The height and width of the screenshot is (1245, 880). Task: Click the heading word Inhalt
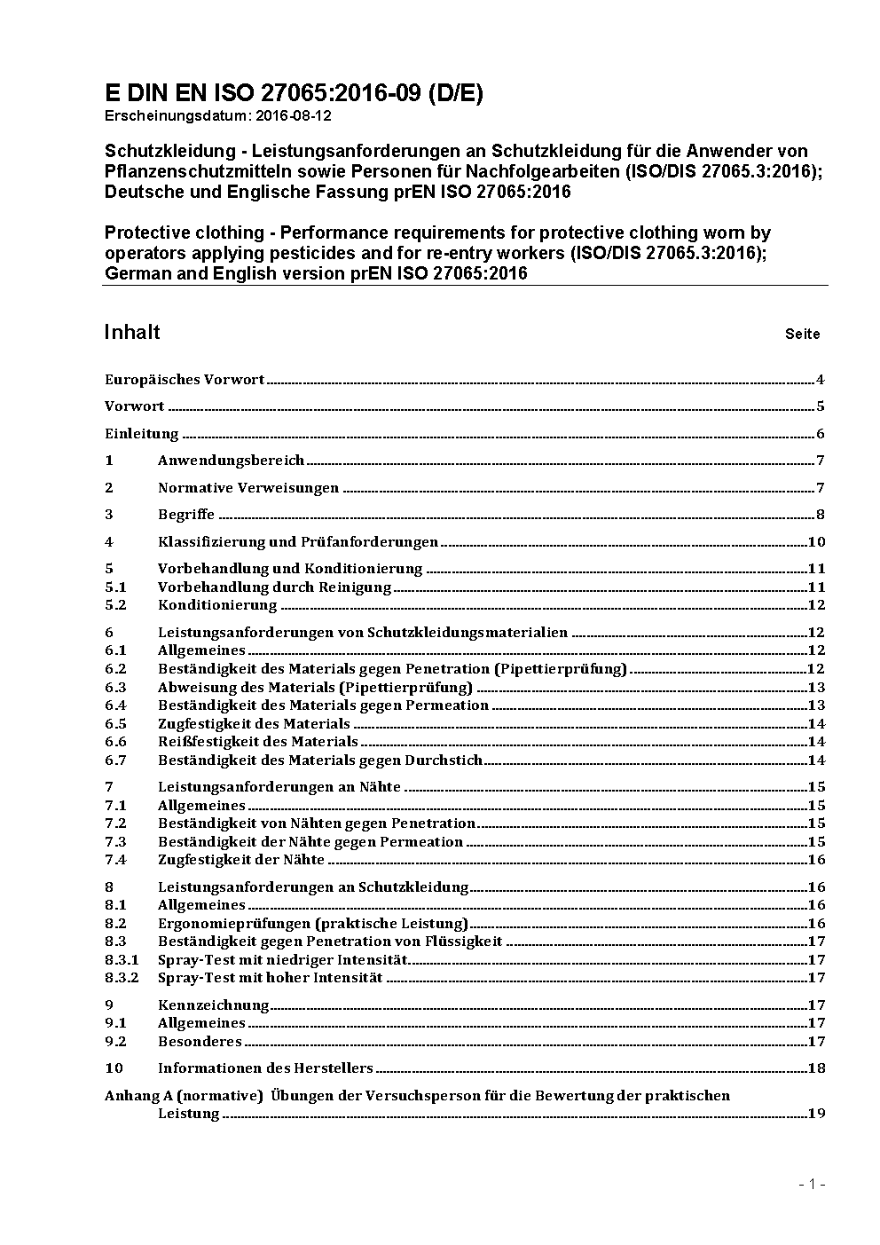[x=132, y=332]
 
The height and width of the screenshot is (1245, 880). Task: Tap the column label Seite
[x=802, y=335]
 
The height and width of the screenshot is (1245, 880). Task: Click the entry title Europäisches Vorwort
[x=185, y=380]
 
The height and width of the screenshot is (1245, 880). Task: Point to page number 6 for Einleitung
[x=821, y=434]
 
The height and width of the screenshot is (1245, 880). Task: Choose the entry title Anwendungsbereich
[x=231, y=461]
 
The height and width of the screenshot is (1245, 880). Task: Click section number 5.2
[x=115, y=605]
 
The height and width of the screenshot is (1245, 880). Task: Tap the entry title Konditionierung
[x=217, y=605]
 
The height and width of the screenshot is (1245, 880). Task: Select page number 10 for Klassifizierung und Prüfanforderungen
[x=816, y=542]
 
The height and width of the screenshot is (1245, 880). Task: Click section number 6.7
[x=115, y=760]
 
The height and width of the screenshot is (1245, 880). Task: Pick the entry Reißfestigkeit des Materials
[x=257, y=742]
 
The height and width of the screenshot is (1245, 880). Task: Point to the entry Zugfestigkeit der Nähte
[x=241, y=860]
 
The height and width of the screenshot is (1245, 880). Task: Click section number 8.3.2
[x=122, y=978]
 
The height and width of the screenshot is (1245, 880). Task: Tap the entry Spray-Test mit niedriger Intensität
[x=282, y=960]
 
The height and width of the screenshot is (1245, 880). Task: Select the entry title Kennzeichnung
[x=213, y=1005]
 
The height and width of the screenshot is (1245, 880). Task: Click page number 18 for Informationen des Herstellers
[x=816, y=1068]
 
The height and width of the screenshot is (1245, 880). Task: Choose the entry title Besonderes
[x=200, y=1042]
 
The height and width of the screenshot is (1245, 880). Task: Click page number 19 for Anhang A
[x=816, y=1114]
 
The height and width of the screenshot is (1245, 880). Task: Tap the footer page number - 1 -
[x=812, y=1185]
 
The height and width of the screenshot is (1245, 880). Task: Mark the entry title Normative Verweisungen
[x=248, y=488]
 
